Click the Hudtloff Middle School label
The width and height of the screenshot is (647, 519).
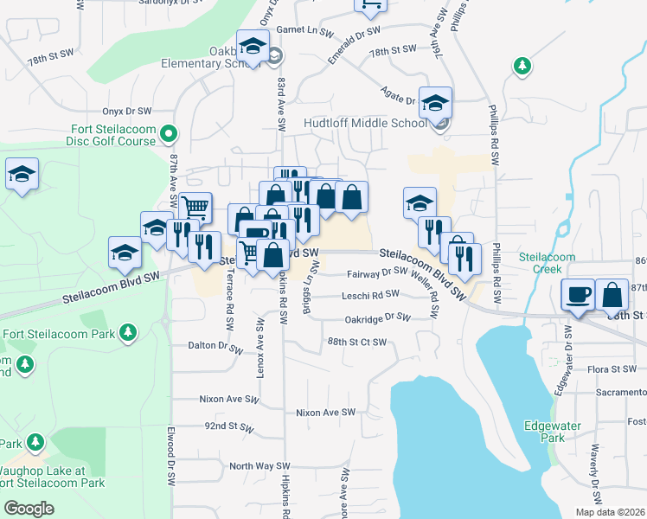click(x=365, y=123)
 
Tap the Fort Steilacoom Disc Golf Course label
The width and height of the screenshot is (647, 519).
click(x=112, y=135)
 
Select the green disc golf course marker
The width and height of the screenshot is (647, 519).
click(x=170, y=134)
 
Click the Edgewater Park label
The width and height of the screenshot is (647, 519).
click(x=544, y=432)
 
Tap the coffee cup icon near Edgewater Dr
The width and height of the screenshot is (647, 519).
click(x=578, y=294)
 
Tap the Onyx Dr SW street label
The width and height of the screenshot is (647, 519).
click(x=127, y=111)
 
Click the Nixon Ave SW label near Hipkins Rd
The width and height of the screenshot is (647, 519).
click(x=325, y=413)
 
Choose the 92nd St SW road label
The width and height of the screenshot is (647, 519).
click(x=228, y=427)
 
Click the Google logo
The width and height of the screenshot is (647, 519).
click(x=29, y=509)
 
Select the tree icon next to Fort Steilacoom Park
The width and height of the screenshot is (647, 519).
click(x=128, y=333)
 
